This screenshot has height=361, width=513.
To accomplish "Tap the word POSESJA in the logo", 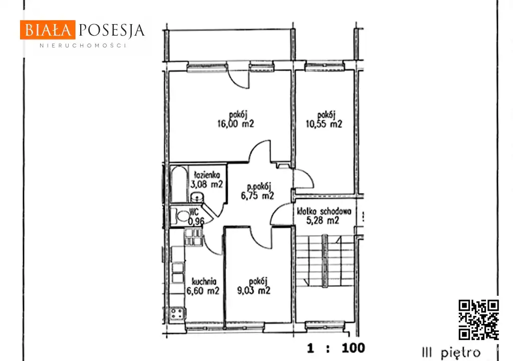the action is click(x=112, y=31).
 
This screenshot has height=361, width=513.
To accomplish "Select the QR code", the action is click(x=478, y=320).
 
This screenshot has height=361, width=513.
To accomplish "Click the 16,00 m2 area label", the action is click(x=235, y=123).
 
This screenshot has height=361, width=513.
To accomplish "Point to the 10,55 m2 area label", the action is click(x=324, y=124).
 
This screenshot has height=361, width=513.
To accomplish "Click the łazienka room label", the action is click(x=207, y=174).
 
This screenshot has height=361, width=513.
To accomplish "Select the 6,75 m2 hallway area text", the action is click(x=258, y=196).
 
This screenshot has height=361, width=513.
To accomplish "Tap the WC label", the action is click(x=194, y=212).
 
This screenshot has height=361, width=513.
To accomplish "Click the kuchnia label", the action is click(x=204, y=281).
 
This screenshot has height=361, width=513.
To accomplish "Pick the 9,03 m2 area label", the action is click(x=253, y=290).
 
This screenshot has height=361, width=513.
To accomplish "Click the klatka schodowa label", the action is click(x=324, y=211).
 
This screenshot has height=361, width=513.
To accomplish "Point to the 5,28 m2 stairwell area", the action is click(x=323, y=221).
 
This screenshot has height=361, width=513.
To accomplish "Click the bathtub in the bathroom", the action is click(x=179, y=184).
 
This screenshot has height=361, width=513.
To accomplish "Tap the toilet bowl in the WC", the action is click(x=181, y=216).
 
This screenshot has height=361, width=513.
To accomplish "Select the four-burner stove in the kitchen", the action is click(x=177, y=313).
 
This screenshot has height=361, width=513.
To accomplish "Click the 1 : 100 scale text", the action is click(x=336, y=348).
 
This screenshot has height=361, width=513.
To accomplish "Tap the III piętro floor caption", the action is click(x=451, y=353).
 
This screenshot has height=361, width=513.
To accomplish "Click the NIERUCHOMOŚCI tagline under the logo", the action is click(x=83, y=46).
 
